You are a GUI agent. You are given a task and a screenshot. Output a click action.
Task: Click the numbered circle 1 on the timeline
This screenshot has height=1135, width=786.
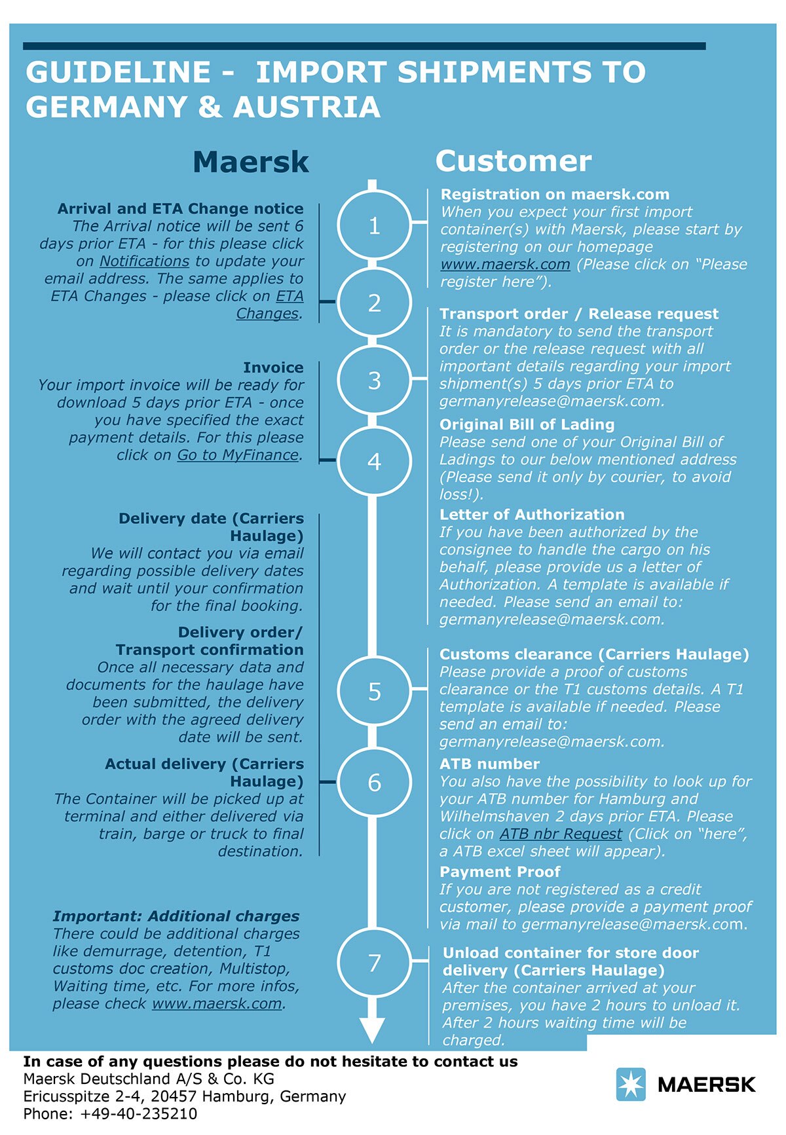(374, 226)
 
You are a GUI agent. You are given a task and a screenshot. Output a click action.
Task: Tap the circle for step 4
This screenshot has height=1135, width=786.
(374, 462)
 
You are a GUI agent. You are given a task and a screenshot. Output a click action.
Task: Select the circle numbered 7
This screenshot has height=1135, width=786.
(374, 963)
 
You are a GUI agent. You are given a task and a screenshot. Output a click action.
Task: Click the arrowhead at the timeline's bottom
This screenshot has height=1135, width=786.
(373, 1030)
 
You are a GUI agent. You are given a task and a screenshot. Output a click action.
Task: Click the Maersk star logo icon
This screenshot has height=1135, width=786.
(631, 1084)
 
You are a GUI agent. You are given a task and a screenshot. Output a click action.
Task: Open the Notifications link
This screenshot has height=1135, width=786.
(144, 261)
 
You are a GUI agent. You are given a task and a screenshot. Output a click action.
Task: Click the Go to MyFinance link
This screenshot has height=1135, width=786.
(238, 455)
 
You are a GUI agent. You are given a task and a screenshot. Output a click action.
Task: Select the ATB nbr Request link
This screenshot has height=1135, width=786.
(561, 834)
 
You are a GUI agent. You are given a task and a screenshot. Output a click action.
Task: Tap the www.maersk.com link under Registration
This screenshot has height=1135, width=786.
(505, 265)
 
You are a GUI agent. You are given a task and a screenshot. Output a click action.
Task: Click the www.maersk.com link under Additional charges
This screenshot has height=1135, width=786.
(217, 1004)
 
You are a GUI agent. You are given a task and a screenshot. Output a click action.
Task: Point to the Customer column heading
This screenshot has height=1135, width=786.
(513, 161)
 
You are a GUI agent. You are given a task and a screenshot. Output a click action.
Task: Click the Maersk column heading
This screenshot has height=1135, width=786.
(250, 162)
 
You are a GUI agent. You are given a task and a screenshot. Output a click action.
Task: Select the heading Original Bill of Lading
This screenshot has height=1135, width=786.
(527, 424)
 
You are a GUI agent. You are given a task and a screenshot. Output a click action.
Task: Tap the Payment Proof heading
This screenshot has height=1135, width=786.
(500, 872)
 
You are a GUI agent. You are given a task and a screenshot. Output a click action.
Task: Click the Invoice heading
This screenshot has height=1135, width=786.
(273, 367)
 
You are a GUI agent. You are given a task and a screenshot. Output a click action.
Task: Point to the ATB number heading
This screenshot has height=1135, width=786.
(489, 764)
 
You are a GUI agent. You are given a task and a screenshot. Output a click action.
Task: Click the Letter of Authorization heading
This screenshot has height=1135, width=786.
(532, 515)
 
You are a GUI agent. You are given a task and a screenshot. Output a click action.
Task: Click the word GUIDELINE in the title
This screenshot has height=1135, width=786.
(118, 72)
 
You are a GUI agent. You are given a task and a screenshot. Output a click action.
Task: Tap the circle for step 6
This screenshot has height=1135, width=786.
(374, 783)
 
